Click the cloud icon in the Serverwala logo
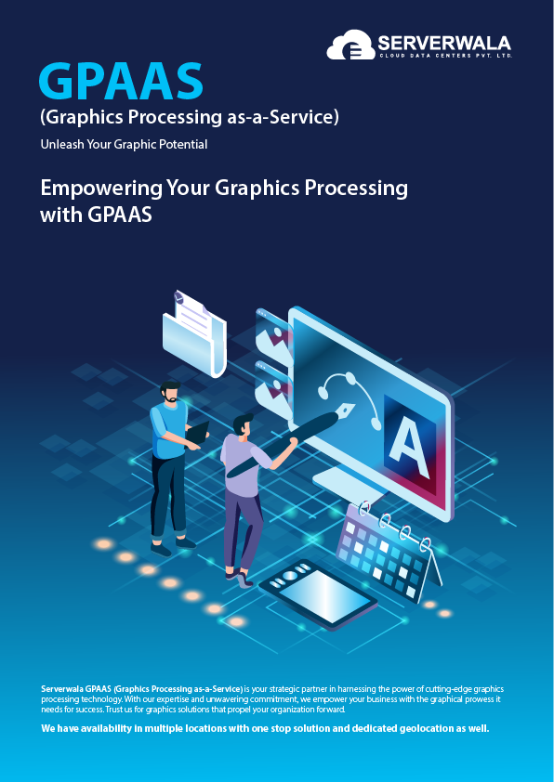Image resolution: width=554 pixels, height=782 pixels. click(x=350, y=45)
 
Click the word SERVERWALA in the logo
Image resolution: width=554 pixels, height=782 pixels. click(x=444, y=43)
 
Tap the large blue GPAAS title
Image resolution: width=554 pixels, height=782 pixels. click(x=121, y=81)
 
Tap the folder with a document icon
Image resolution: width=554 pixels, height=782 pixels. click(x=194, y=332)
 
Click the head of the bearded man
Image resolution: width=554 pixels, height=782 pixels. click(x=170, y=392)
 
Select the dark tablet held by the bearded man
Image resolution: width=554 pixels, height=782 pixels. click(x=198, y=432)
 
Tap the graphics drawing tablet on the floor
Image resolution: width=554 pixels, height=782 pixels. click(x=318, y=593)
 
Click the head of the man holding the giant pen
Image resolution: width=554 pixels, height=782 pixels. click(x=244, y=424)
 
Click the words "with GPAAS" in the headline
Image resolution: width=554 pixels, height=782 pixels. click(x=96, y=215)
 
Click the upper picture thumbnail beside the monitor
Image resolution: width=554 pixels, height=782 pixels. click(x=273, y=335)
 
